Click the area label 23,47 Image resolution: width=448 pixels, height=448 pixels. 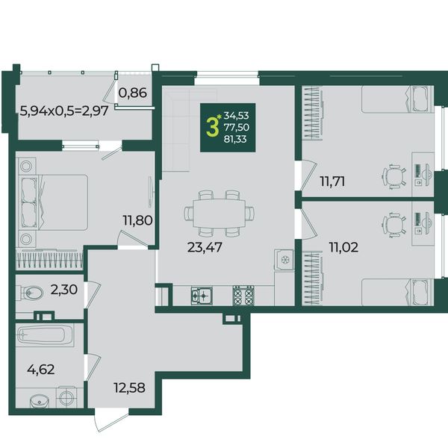[x=205, y=247]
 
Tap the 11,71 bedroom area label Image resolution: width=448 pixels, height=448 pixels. [x=332, y=181]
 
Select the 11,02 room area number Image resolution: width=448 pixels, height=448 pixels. [x=343, y=247]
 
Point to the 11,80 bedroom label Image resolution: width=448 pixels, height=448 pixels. [x=137, y=220]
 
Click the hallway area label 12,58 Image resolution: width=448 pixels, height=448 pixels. [x=129, y=388]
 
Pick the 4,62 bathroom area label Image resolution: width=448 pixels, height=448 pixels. [x=41, y=370]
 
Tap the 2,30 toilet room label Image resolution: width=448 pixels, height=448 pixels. [x=64, y=290]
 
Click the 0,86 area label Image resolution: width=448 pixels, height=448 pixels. [x=133, y=93]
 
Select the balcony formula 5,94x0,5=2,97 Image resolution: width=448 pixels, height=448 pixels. [x=64, y=111]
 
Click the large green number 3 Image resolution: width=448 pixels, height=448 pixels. [x=213, y=128]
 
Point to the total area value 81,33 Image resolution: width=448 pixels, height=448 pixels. [x=235, y=139]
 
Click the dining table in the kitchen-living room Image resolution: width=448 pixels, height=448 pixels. [x=219, y=213]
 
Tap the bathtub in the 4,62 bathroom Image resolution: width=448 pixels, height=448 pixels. [x=45, y=335]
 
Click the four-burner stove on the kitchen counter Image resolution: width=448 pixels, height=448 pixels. [x=243, y=295]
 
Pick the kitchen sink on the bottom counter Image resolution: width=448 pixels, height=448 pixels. [x=202, y=296]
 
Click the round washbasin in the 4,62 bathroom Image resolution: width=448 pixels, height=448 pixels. [x=39, y=401]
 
